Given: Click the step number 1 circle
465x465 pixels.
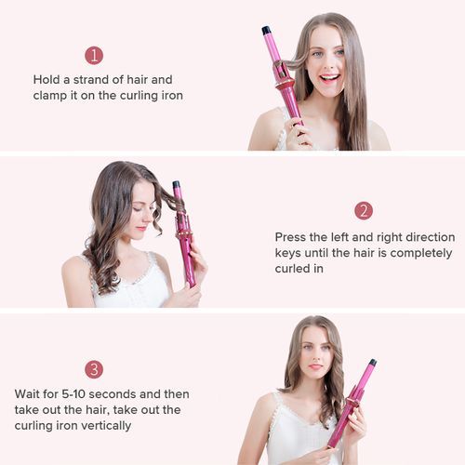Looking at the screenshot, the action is coord(94,56).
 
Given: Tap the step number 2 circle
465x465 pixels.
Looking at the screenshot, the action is coord(364,211).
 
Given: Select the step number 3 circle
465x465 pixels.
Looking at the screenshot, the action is coord(94,369).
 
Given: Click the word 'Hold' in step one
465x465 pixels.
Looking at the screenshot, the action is coord(46,80).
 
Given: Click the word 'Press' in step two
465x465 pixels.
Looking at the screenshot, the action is coord(290,237).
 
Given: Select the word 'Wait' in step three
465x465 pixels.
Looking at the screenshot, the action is coord(27,394).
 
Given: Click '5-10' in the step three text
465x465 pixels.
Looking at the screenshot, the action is coord(73,394).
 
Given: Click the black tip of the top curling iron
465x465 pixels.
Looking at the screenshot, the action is coord(266,31).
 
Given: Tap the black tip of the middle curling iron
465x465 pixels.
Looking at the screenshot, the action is coord(176,184).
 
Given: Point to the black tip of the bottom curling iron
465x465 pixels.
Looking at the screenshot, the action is coord(373,362).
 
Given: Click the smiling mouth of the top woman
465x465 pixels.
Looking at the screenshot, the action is coord(329,77).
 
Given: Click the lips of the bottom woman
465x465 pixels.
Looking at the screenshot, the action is coord(315,366).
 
